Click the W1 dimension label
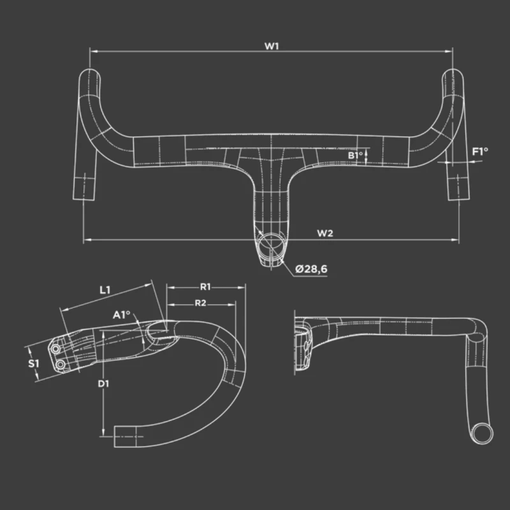(x=272, y=46)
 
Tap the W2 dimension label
(x=325, y=233)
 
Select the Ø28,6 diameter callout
(x=311, y=269)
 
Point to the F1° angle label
(x=480, y=151)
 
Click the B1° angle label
(x=355, y=155)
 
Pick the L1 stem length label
(x=105, y=290)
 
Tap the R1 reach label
(x=205, y=287)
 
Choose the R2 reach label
(x=200, y=303)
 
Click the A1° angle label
(x=121, y=315)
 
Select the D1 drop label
(x=103, y=384)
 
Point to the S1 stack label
(x=33, y=363)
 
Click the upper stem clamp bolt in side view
(x=55, y=349)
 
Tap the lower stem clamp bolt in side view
(x=61, y=365)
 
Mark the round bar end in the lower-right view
(x=483, y=433)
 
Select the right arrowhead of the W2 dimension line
(x=455, y=240)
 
